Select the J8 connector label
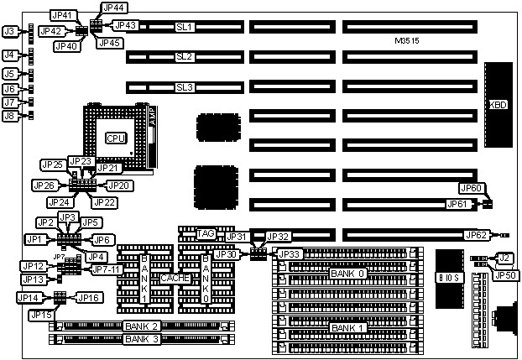(10, 116)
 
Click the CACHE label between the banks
(175, 278)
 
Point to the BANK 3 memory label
(141, 339)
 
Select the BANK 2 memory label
(141, 326)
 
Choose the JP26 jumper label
(44, 185)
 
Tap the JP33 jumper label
(288, 254)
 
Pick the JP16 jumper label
(90, 296)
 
